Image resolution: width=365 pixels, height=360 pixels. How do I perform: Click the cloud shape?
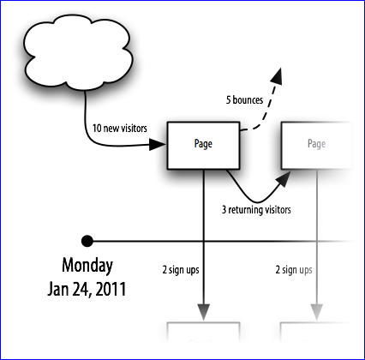point(79,52)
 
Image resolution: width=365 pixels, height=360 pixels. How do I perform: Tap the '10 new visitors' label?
point(120,129)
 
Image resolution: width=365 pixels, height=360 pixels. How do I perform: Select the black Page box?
point(203,146)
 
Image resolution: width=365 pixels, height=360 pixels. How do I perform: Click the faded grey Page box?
point(316,146)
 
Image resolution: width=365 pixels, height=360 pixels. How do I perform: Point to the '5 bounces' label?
point(244,100)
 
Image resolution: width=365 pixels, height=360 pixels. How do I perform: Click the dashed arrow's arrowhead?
point(277,75)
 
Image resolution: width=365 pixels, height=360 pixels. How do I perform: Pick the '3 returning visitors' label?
point(256,210)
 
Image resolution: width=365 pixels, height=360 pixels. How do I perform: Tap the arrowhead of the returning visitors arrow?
point(284,179)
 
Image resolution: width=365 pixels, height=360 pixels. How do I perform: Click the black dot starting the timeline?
point(87,241)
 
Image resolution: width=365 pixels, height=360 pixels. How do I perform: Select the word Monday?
point(87,266)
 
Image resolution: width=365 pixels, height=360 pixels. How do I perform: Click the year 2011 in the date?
point(111,289)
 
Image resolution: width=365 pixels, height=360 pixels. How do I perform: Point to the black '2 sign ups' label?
point(181,270)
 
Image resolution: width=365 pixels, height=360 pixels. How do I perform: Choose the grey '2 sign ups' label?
point(294,270)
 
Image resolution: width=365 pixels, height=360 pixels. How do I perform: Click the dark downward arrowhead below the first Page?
point(203,312)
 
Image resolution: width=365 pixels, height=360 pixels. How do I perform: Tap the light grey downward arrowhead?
point(316,312)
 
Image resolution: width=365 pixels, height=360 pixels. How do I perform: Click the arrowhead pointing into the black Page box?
point(158,144)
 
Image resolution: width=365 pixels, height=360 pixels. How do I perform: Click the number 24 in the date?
point(81,290)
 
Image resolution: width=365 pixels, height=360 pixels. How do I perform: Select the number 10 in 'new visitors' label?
point(97,129)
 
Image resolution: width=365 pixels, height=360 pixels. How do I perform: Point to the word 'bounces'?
point(248,100)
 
